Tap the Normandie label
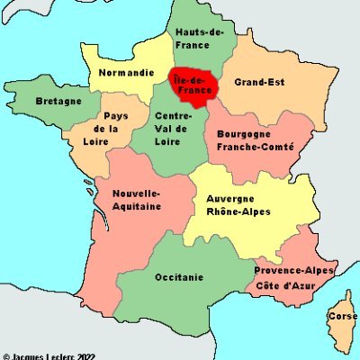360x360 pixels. [126, 72]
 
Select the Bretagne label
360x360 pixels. [58, 102]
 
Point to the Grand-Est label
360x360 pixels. [259, 82]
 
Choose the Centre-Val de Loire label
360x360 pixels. [171, 127]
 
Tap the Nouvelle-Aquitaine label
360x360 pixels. [137, 199]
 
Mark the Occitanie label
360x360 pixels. [178, 276]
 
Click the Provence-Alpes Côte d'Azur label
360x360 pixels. [294, 277]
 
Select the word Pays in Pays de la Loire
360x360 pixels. [115, 116]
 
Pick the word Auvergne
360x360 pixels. [230, 198]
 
